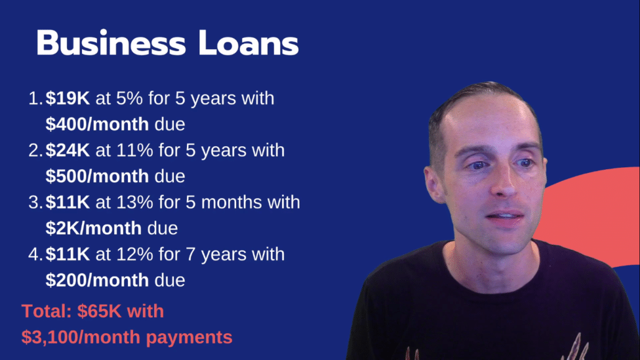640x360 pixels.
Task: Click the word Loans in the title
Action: tap(249, 43)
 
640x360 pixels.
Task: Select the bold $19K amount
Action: tap(68, 98)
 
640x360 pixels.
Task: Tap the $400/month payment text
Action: tap(97, 124)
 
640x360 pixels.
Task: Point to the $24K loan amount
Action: tap(68, 150)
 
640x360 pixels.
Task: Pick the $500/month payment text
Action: tap(97, 176)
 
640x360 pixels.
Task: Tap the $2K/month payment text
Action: tap(93, 228)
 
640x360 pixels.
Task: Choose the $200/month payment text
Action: tap(97, 280)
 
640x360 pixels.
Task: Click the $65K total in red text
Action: tap(99, 312)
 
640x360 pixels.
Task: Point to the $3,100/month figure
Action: tap(81, 337)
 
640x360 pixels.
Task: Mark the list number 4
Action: tap(35, 254)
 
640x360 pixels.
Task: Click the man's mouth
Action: tap(506, 216)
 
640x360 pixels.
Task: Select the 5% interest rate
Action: tap(129, 98)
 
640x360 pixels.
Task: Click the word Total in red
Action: tap(47, 312)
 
